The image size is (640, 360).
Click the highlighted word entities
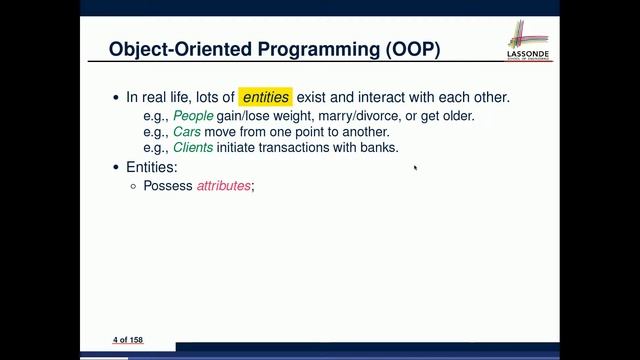point(265,97)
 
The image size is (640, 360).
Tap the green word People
point(193,115)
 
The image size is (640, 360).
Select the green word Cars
point(187,131)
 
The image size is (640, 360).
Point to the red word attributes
point(223,186)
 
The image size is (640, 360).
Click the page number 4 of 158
point(127,340)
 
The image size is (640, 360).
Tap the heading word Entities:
point(152,167)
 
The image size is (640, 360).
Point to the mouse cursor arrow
point(415,168)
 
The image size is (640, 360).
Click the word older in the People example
point(455,115)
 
